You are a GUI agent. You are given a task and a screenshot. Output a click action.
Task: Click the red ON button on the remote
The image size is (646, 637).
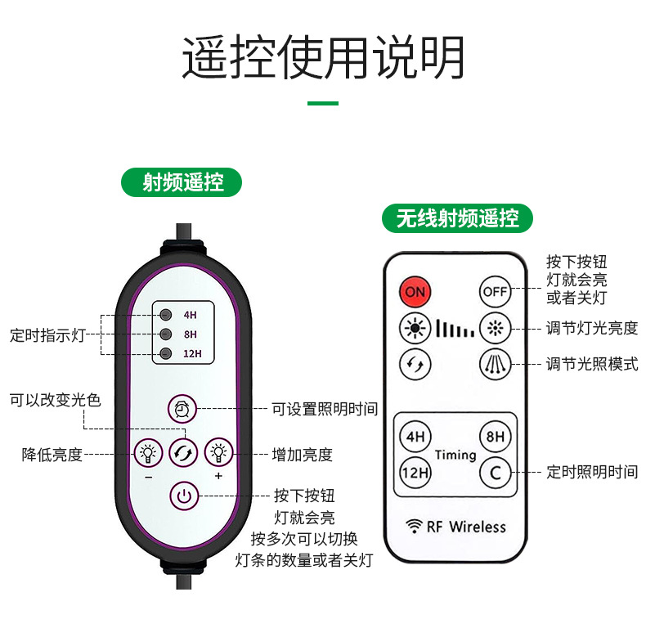[415, 291]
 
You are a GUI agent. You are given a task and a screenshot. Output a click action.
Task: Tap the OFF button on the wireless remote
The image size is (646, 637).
[495, 291]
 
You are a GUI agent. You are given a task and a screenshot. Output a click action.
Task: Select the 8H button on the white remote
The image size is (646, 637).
[495, 436]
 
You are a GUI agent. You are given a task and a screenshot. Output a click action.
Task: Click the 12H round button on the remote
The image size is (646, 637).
[415, 472]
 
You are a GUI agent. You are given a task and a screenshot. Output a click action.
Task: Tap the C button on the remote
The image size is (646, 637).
[495, 472]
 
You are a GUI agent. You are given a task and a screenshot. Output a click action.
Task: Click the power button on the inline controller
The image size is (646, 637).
[184, 496]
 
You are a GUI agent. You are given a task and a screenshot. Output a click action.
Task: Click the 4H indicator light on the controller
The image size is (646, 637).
[166, 314]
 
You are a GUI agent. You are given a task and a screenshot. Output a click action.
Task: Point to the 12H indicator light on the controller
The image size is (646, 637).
[166, 353]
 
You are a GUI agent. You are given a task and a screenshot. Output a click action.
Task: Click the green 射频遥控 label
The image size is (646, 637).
[182, 182]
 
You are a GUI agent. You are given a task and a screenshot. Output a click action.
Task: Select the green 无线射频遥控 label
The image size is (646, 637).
[458, 218]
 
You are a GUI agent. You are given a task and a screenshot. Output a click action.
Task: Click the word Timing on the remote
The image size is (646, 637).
[455, 455]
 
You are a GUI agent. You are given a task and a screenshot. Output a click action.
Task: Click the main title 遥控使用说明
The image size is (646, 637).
[323, 57]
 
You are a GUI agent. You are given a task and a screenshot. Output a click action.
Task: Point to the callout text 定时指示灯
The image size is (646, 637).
[47, 334]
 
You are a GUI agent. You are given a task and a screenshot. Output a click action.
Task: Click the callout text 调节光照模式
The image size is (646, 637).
[592, 364]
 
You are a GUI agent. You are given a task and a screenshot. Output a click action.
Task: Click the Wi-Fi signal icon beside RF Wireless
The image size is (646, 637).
[414, 527]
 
